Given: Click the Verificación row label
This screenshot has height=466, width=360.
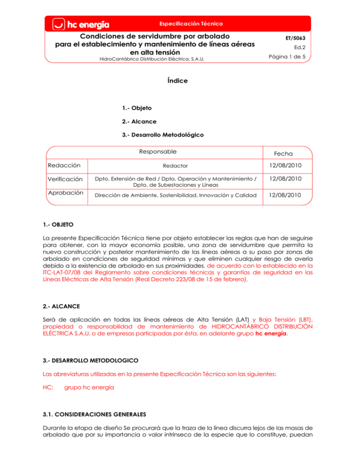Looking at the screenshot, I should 66,179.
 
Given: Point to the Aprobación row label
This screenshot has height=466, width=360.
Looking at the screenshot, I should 65,193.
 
